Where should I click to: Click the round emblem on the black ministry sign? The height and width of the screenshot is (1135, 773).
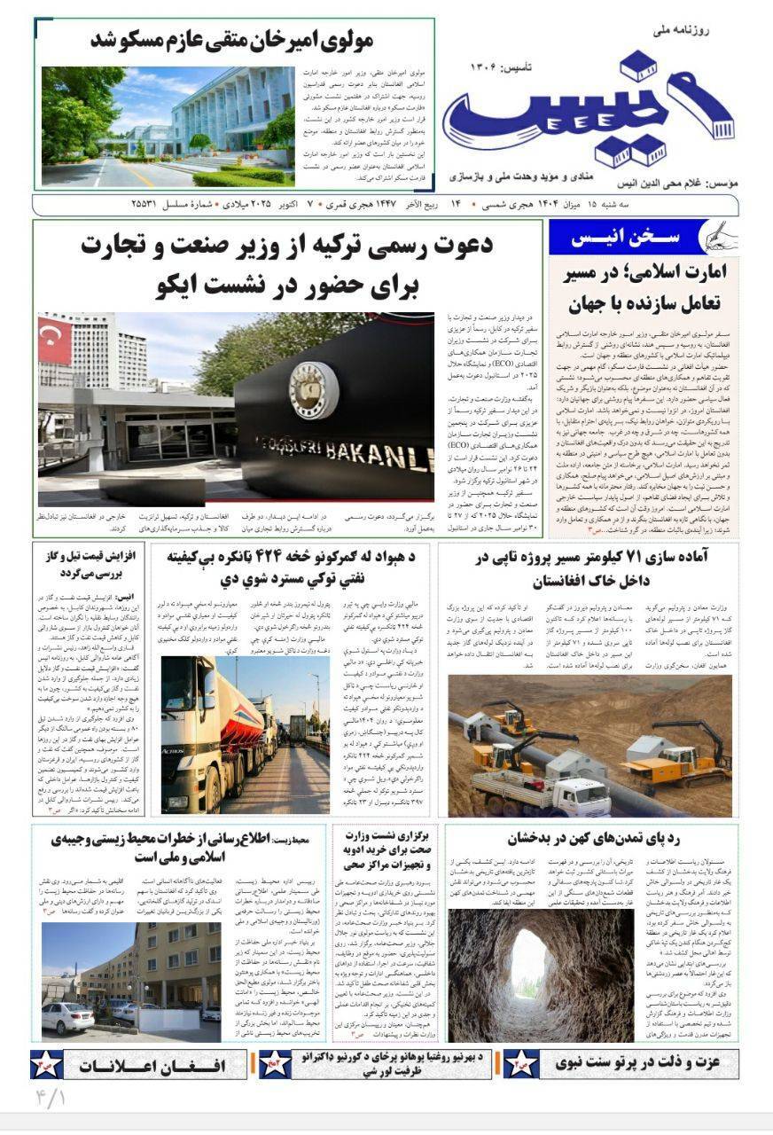click(313, 391)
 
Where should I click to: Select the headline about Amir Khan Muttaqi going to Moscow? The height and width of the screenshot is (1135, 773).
click(233, 41)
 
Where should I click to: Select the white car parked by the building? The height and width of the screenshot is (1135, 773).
click(66, 1018)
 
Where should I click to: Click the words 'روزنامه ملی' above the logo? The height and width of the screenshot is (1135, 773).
click(707, 30)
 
